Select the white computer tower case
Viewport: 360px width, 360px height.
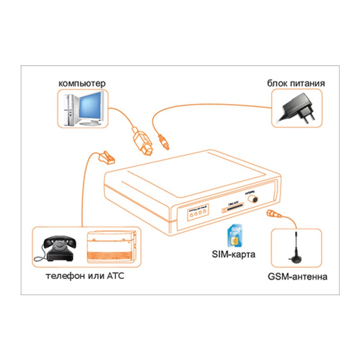(x=68, y=109)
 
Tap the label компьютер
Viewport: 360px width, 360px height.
(x=82, y=84)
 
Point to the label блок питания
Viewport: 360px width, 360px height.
(x=296, y=84)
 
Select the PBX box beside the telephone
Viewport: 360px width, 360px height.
(x=111, y=247)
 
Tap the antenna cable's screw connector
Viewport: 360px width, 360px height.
(x=274, y=214)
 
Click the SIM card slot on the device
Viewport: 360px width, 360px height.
(x=233, y=208)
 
